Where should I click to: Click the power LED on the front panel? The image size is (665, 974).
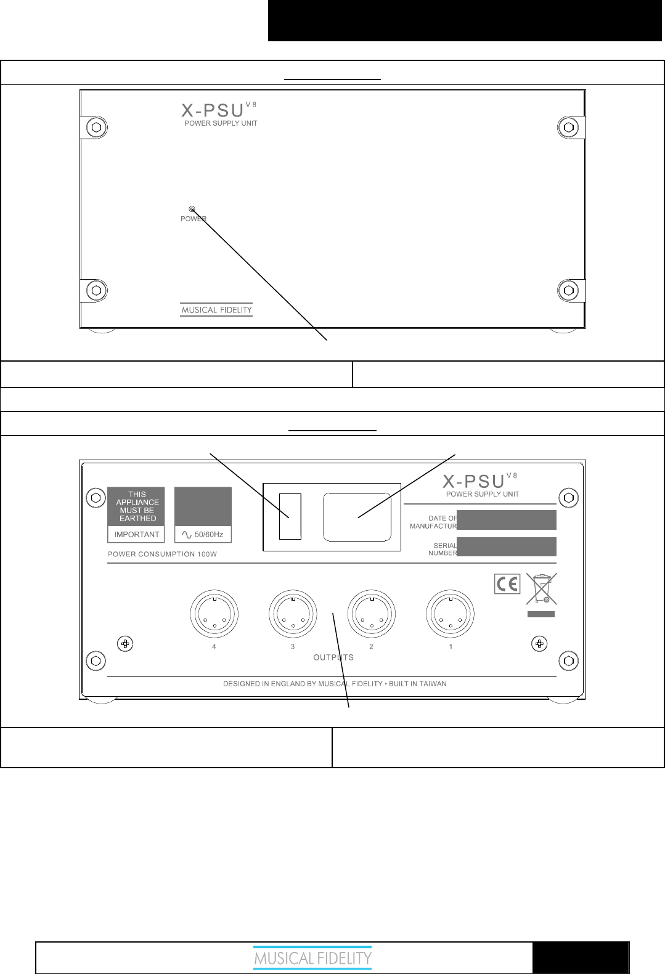coord(192,209)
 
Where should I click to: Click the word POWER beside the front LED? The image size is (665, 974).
coord(193,219)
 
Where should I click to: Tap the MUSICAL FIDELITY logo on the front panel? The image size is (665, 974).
coord(216,310)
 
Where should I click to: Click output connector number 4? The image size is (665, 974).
coord(214,615)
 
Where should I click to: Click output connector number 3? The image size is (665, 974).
coord(293,615)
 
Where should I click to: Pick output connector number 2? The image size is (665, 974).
coord(371,615)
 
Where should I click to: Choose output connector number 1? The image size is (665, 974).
coord(450,615)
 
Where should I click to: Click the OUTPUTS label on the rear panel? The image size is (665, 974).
coord(333,657)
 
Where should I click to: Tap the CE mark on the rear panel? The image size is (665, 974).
coord(507,584)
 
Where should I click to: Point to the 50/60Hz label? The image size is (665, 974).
coord(203,534)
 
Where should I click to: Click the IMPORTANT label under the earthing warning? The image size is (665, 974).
coord(137,534)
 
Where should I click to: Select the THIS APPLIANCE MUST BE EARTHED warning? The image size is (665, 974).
coord(137,506)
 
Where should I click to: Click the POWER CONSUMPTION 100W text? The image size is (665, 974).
coord(162,554)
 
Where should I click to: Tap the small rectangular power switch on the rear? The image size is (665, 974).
coord(290,516)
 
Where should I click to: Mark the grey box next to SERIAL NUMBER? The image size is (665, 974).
coord(507,546)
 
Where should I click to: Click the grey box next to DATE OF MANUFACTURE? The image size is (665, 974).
coord(507,520)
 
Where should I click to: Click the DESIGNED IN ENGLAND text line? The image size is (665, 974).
coord(335,684)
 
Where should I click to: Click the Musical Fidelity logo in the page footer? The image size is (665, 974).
coord(313,959)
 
